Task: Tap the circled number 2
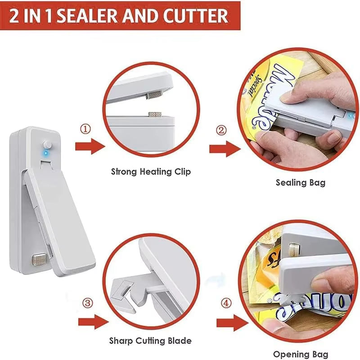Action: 221,131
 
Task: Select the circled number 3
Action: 89,304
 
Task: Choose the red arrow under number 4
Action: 231,324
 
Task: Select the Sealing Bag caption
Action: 300,183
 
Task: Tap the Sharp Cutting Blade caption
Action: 150,341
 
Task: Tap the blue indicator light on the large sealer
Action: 44,153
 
